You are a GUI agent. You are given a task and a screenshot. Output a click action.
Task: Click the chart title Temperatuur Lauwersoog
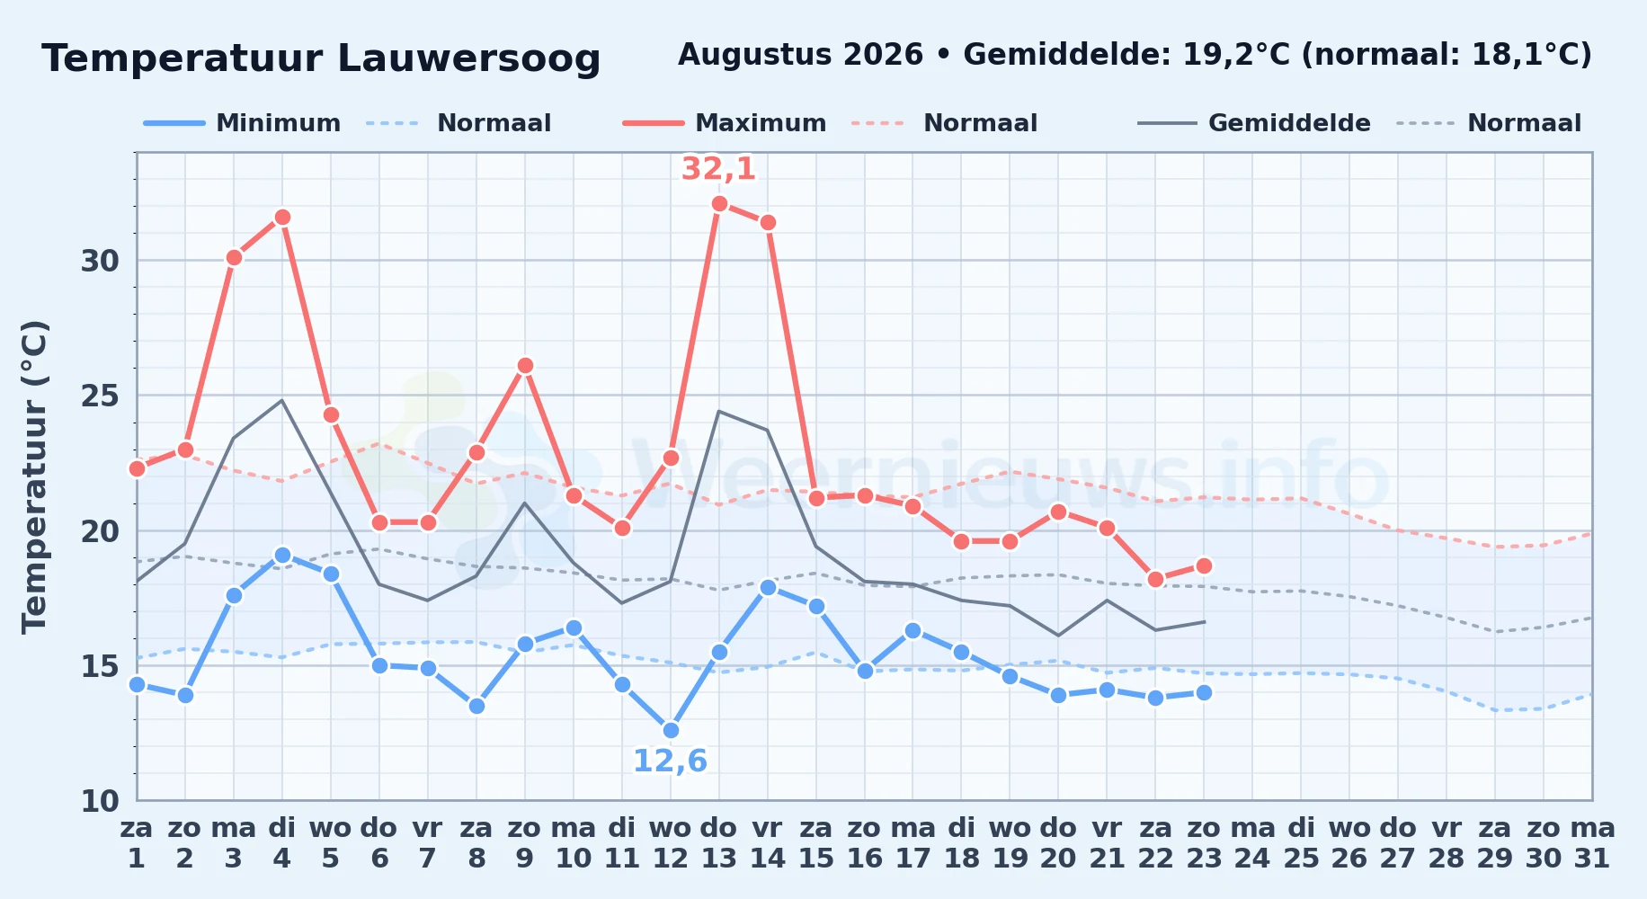[321, 58]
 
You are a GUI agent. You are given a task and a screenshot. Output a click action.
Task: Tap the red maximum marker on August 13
[719, 204]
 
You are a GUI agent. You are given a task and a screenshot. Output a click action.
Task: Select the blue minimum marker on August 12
[671, 731]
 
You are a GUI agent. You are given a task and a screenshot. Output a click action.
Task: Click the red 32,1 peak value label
[718, 169]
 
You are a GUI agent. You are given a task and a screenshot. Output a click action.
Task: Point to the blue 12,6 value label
[671, 761]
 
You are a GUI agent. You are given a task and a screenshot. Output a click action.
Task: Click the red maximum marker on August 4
[282, 218]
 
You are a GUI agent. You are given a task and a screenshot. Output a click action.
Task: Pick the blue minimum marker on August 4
[282, 556]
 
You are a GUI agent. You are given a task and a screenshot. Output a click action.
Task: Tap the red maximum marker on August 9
[525, 366]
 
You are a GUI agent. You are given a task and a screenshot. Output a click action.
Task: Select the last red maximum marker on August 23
[1204, 566]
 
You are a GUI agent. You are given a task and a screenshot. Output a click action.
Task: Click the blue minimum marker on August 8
[476, 707]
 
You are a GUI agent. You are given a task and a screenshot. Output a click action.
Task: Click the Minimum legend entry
[243, 123]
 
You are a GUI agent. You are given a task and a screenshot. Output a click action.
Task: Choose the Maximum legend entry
[725, 123]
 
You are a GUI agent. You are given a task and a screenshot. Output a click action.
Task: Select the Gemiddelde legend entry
[1254, 123]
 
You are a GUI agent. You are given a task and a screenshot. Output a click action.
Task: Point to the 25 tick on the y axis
[100, 396]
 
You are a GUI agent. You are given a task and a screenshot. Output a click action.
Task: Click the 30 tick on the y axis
[100, 261]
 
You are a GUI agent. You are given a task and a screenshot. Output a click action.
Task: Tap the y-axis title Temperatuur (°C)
[35, 476]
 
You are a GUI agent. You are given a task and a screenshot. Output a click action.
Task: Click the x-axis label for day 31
[1592, 843]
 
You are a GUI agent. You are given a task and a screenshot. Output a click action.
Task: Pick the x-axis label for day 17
[913, 843]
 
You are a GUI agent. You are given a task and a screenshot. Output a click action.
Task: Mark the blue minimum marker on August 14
[768, 588]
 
